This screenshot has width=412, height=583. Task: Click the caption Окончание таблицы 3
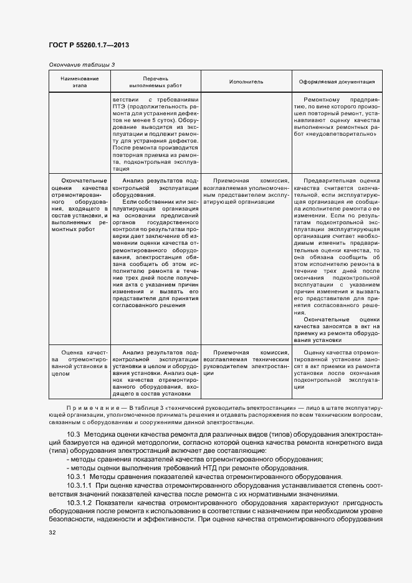point(81,65)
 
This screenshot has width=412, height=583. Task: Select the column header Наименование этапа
point(79,82)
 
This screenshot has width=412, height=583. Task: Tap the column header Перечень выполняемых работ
point(155,82)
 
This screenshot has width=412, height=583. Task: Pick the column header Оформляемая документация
point(337,82)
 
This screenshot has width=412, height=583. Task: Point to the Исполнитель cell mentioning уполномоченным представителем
point(246,189)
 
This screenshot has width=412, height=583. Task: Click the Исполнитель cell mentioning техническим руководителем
point(246,359)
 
